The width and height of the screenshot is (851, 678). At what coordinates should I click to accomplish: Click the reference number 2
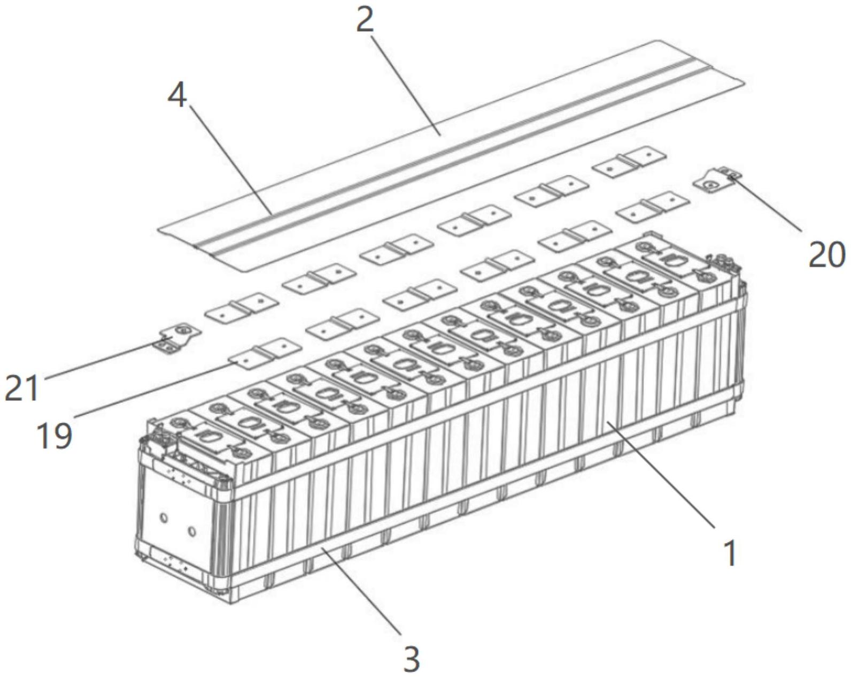tap(365, 21)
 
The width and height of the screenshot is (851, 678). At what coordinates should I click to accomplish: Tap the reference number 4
tap(177, 96)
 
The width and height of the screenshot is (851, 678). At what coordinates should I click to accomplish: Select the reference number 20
tap(826, 255)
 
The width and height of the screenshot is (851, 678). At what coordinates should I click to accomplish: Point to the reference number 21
tap(21, 388)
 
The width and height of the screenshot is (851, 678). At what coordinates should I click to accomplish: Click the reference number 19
tap(55, 436)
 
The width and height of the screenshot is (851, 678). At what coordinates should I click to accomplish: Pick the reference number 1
tap(730, 553)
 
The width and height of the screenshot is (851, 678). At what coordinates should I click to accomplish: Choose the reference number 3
tap(411, 659)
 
